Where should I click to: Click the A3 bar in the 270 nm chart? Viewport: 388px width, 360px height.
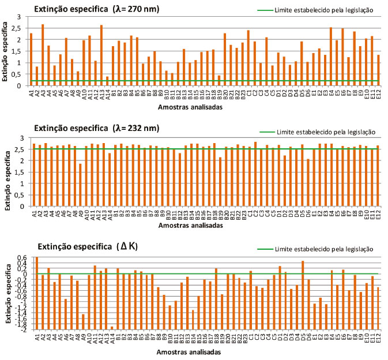(43, 55)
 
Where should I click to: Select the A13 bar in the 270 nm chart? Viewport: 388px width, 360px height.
(101, 55)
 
